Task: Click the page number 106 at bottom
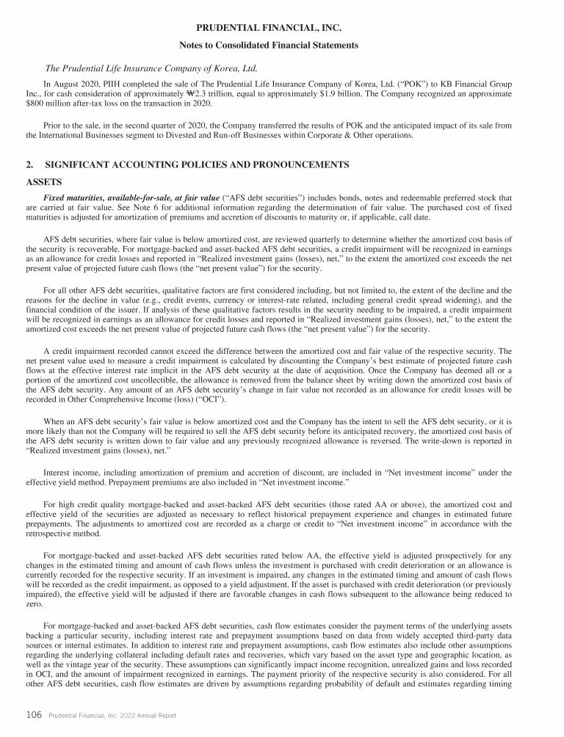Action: pyautogui.click(x=33, y=715)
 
